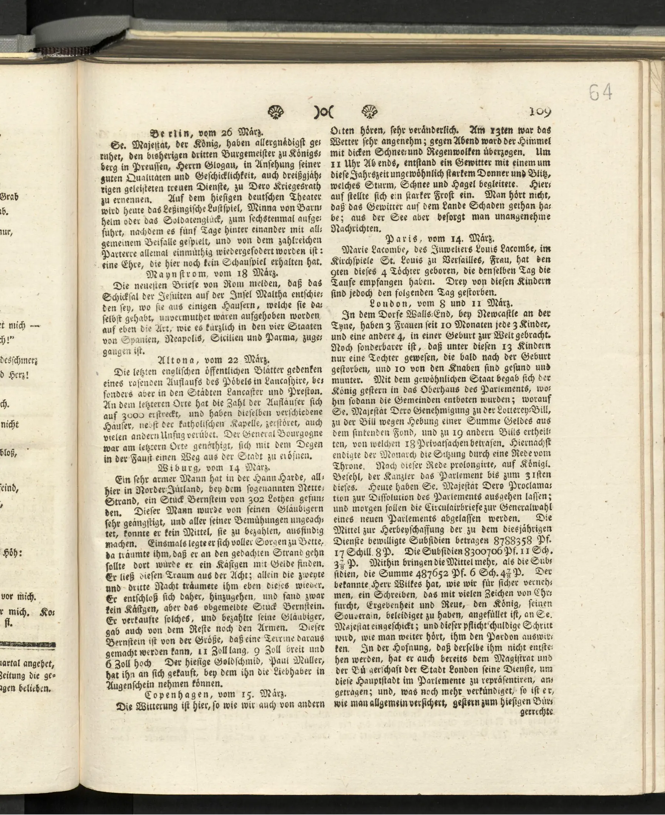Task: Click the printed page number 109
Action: click(x=540, y=112)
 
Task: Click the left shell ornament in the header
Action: click(x=276, y=112)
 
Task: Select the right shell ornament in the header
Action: click(x=370, y=112)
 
